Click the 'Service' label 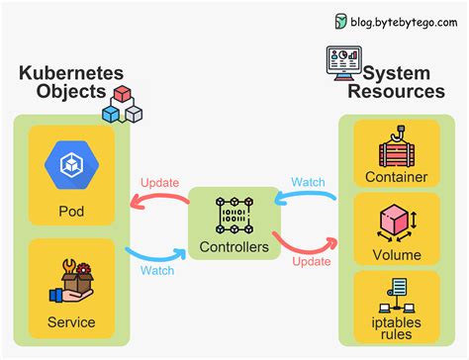point(71,321)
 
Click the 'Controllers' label point(233,247)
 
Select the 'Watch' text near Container point(307,183)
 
